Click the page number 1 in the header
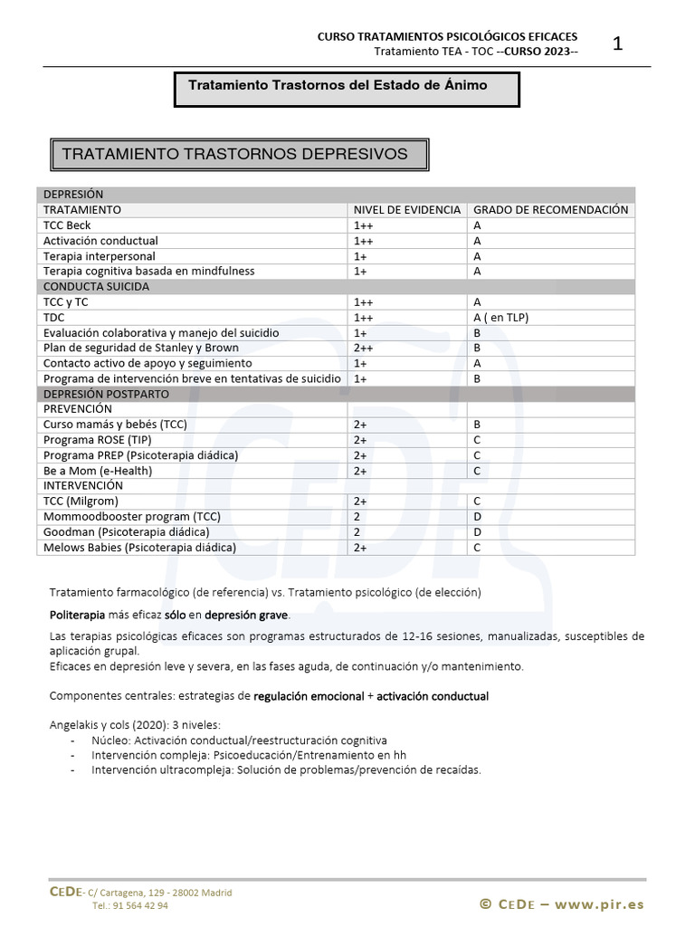pos(618,43)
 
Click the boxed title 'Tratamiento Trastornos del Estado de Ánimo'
pos(338,85)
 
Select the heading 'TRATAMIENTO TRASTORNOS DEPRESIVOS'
pos(234,154)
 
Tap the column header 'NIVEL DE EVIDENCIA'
pos(406,210)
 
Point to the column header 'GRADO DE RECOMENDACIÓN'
pos(550,210)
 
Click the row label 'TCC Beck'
pos(67,225)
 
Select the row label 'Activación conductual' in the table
pos(100,241)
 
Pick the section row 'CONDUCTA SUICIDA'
pos(97,287)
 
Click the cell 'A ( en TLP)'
pos(500,318)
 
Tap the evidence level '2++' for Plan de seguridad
pos(364,349)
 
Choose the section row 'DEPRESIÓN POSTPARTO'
pos(106,395)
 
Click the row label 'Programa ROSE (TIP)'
pos(98,440)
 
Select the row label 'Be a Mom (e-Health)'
pos(98,471)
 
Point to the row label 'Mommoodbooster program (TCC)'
pos(132,517)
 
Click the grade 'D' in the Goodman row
pos(477,532)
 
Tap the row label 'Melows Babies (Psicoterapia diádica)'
pos(139,548)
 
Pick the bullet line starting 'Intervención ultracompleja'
pos(286,770)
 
